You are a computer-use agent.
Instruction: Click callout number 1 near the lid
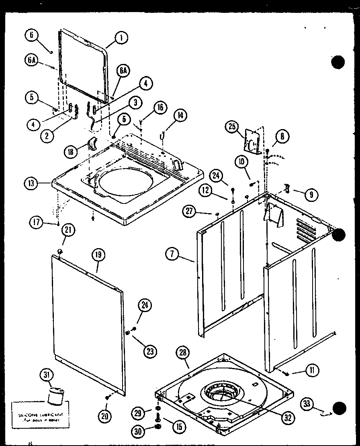pos(121,38)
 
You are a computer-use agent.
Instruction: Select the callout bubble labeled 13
pos(31,184)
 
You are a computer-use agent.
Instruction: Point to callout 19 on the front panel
pos(98,254)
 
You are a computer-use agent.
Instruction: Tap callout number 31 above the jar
pos(47,376)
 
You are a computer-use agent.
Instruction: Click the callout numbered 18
pos(72,152)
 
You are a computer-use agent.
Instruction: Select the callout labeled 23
pos(150,351)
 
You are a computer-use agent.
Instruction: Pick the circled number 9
pos(311,195)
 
